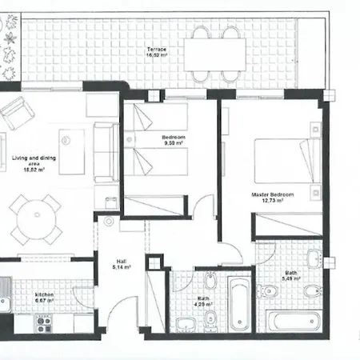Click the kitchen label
43,294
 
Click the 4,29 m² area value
204,305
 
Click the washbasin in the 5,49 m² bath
315,259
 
